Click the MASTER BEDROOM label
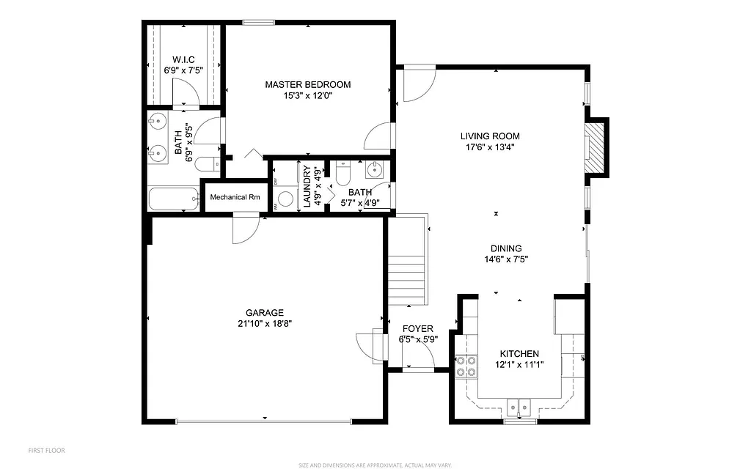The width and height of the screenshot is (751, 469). point(307,85)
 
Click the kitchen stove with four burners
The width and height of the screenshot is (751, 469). point(465,366)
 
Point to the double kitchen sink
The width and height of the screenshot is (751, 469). point(520,406)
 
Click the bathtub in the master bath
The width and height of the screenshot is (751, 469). point(173,199)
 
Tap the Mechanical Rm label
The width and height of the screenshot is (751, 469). point(235,197)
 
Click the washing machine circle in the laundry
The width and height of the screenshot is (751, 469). point(286,198)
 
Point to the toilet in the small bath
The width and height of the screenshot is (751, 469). point(342,174)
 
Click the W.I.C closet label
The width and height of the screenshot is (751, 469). point(183,60)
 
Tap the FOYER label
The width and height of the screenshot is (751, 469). point(416,329)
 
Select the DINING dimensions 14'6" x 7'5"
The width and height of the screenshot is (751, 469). point(506,259)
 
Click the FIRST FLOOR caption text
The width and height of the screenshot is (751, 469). point(46,450)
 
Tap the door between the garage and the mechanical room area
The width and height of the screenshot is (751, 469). point(243,228)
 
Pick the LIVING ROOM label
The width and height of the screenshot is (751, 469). point(490,136)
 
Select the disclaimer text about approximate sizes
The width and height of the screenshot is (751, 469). point(375,465)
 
